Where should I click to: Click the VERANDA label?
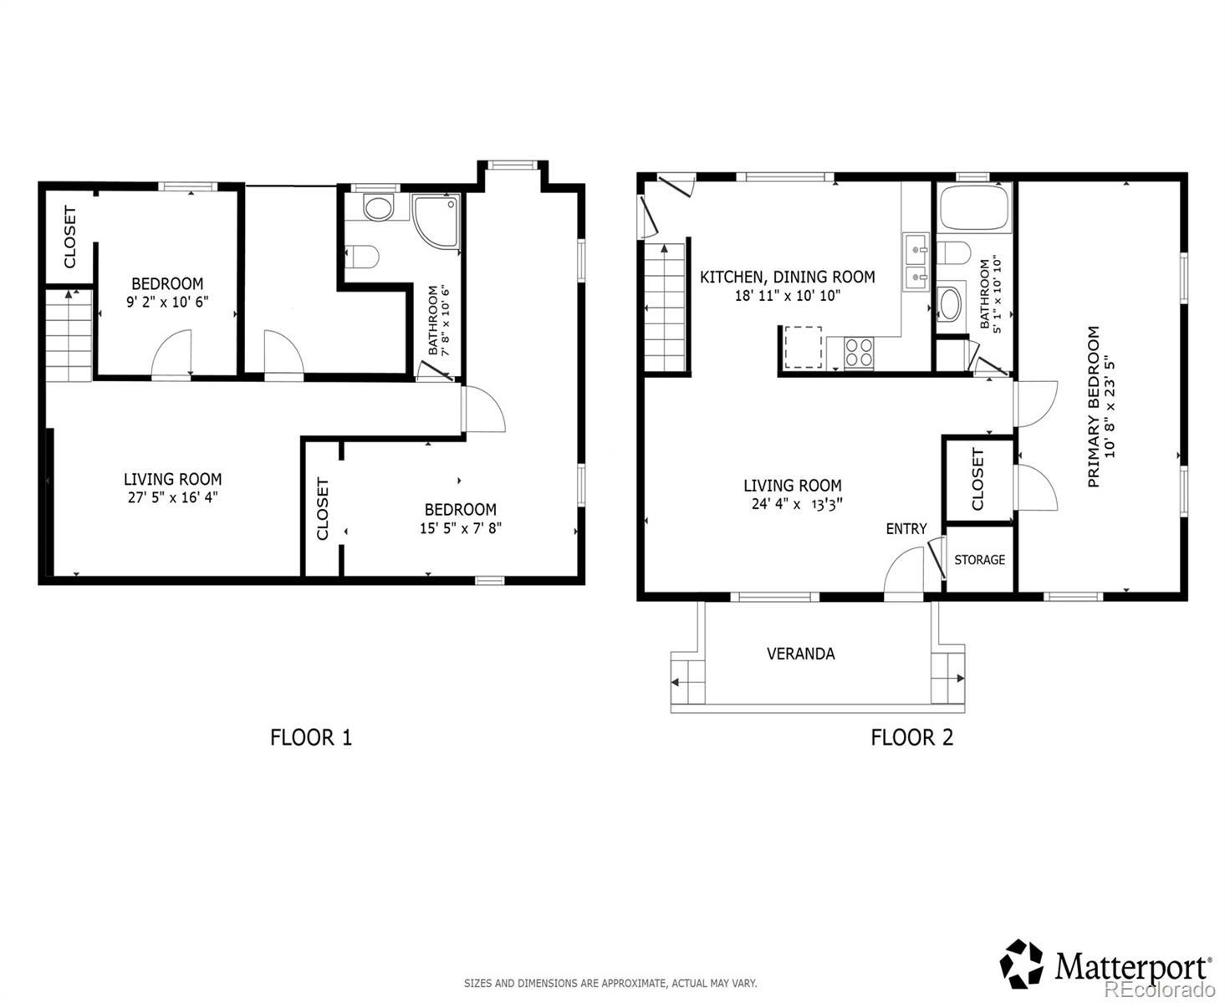[x=800, y=654]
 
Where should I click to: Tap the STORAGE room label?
[x=979, y=559]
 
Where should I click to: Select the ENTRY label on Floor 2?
[x=906, y=528]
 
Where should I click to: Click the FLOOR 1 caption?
[x=311, y=737]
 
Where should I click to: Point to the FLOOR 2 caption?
[x=911, y=737]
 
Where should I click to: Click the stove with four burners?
[x=859, y=352]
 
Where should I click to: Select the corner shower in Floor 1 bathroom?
[x=436, y=221]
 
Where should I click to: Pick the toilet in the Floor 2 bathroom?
[x=953, y=253]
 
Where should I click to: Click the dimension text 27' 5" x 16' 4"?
[x=172, y=497]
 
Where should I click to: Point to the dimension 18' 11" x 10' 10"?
[x=787, y=296]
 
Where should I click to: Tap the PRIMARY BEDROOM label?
[x=1093, y=406]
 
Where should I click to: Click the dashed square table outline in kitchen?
[x=803, y=347]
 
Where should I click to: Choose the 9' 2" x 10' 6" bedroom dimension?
[x=167, y=302]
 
